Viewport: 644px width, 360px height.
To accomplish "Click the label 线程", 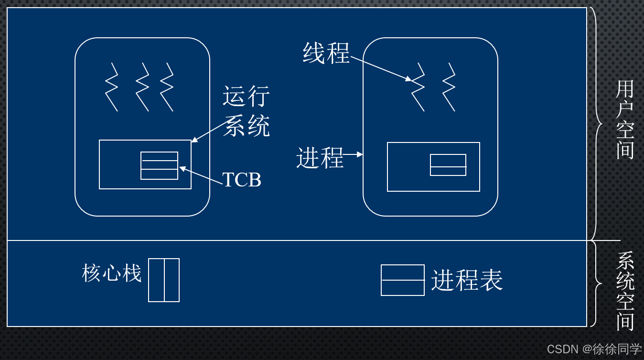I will [326, 53].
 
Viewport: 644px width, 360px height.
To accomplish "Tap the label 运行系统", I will [247, 111].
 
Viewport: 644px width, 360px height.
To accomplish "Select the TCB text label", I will [242, 180].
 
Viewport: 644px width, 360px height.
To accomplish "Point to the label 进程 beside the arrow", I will [320, 157].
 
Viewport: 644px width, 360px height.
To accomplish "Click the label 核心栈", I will [112, 274].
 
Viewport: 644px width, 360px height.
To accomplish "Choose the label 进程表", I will [467, 280].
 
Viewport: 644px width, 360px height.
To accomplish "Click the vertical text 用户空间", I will [625, 120].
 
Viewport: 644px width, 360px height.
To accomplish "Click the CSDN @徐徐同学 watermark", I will [594, 349].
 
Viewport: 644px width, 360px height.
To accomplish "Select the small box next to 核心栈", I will [164, 280].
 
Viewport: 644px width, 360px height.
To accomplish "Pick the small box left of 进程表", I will [402, 280].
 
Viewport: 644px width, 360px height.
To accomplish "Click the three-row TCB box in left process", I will [159, 165].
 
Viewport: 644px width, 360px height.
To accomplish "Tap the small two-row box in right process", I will [448, 165].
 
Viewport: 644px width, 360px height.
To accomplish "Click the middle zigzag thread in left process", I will [142, 87].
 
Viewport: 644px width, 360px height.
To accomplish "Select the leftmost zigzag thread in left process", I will [112, 87].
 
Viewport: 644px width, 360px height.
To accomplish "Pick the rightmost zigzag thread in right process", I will [449, 87].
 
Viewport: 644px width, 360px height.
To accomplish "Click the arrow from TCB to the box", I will [201, 174].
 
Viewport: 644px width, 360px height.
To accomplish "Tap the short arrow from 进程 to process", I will [354, 154].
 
